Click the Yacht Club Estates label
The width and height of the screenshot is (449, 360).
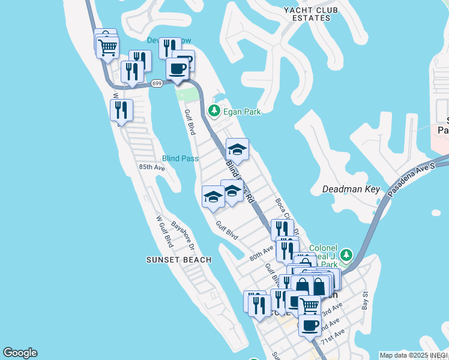click(x=310, y=14)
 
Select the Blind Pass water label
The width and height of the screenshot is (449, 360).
click(x=180, y=158)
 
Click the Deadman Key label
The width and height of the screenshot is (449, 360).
click(x=351, y=189)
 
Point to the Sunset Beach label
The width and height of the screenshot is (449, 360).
click(x=179, y=260)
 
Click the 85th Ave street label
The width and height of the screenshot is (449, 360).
click(x=151, y=167)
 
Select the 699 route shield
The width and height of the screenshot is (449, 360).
click(x=157, y=83)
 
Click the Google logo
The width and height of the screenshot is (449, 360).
click(x=20, y=353)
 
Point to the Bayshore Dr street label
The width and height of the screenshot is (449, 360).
click(x=184, y=236)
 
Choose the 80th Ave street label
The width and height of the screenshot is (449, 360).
click(x=262, y=252)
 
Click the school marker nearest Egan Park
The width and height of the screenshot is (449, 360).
click(x=237, y=150)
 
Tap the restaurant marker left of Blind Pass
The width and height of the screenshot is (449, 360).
click(x=122, y=110)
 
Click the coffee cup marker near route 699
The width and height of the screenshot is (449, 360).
click(x=176, y=68)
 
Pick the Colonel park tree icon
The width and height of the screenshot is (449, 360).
click(x=346, y=256)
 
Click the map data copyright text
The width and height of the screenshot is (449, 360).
click(x=414, y=355)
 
